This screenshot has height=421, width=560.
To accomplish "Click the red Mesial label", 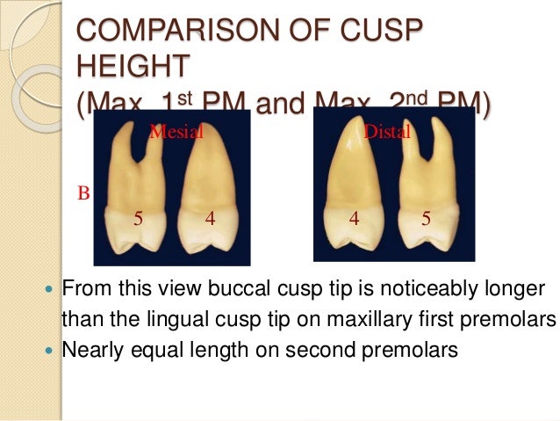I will [176, 132].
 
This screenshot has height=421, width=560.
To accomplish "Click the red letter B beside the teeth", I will [84, 193].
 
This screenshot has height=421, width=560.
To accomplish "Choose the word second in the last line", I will [319, 349].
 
